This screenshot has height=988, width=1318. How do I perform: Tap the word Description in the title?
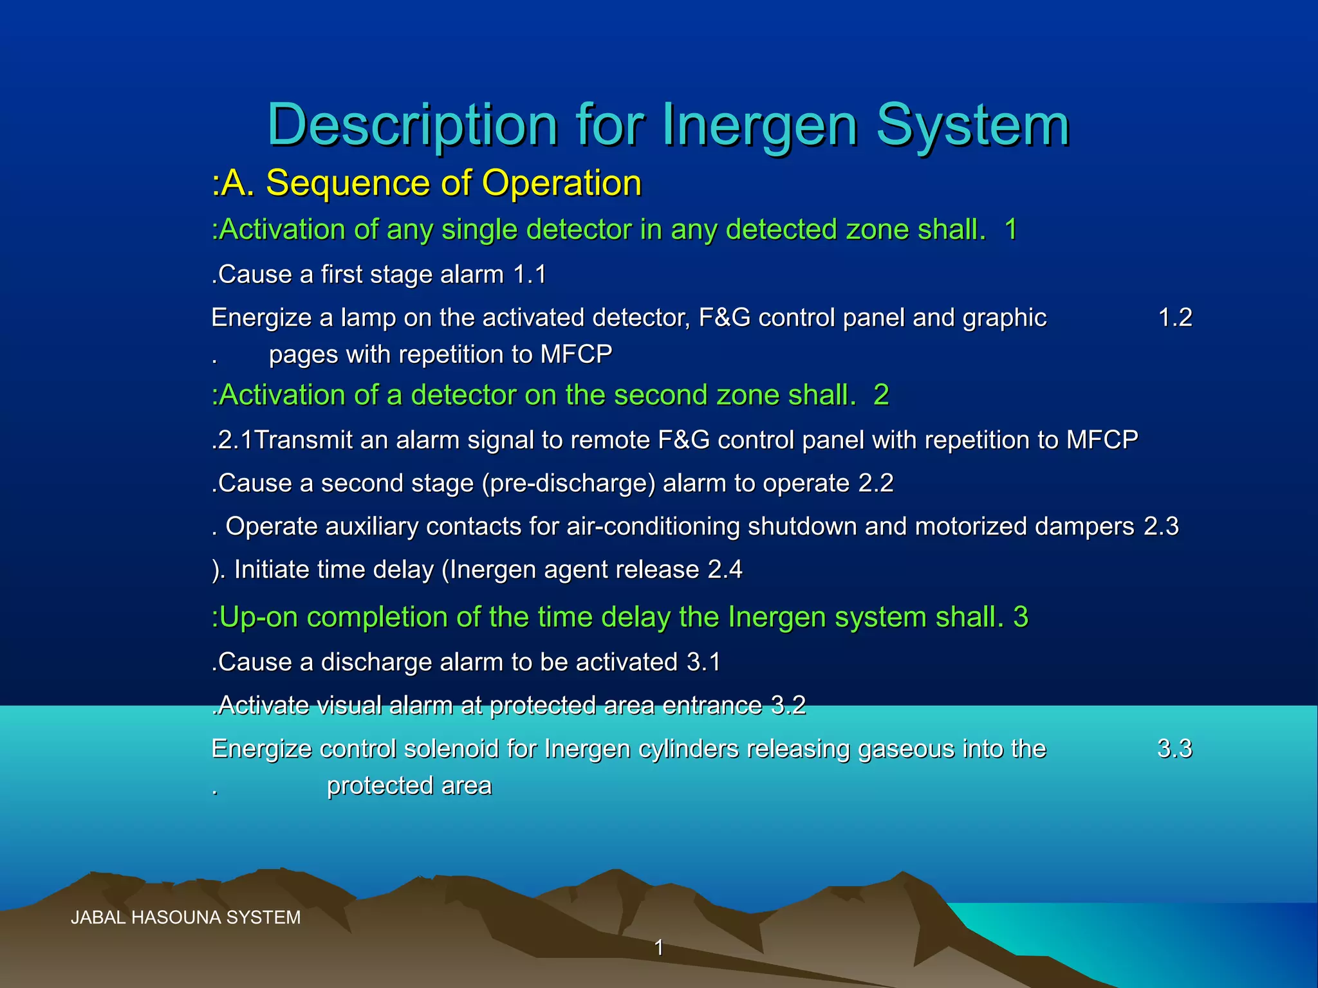coord(413,125)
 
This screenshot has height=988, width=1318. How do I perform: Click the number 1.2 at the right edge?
coord(1174,318)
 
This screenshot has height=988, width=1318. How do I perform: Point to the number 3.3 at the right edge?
coord(1174,749)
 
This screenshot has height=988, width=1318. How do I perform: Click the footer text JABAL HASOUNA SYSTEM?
coord(185,917)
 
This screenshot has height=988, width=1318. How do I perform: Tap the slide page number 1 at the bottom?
coord(659,947)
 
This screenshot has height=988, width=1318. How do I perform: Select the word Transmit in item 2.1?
coord(303,441)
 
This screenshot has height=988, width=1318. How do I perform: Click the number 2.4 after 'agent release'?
coord(725,570)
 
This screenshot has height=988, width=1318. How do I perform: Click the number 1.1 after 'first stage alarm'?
coord(530,275)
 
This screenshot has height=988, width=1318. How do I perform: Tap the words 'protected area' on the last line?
coord(409,786)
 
